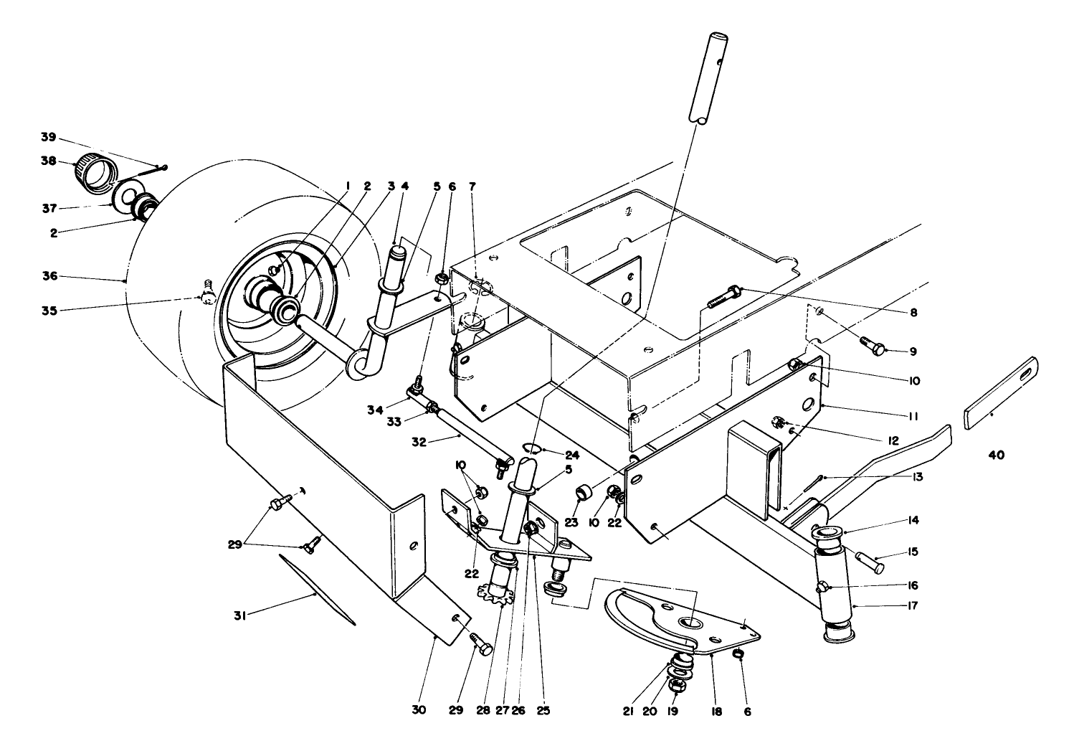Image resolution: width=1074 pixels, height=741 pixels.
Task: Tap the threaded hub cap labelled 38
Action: point(95,174)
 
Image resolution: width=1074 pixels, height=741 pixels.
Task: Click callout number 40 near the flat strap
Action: point(996,455)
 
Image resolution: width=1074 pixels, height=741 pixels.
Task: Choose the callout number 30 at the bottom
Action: point(419,710)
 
